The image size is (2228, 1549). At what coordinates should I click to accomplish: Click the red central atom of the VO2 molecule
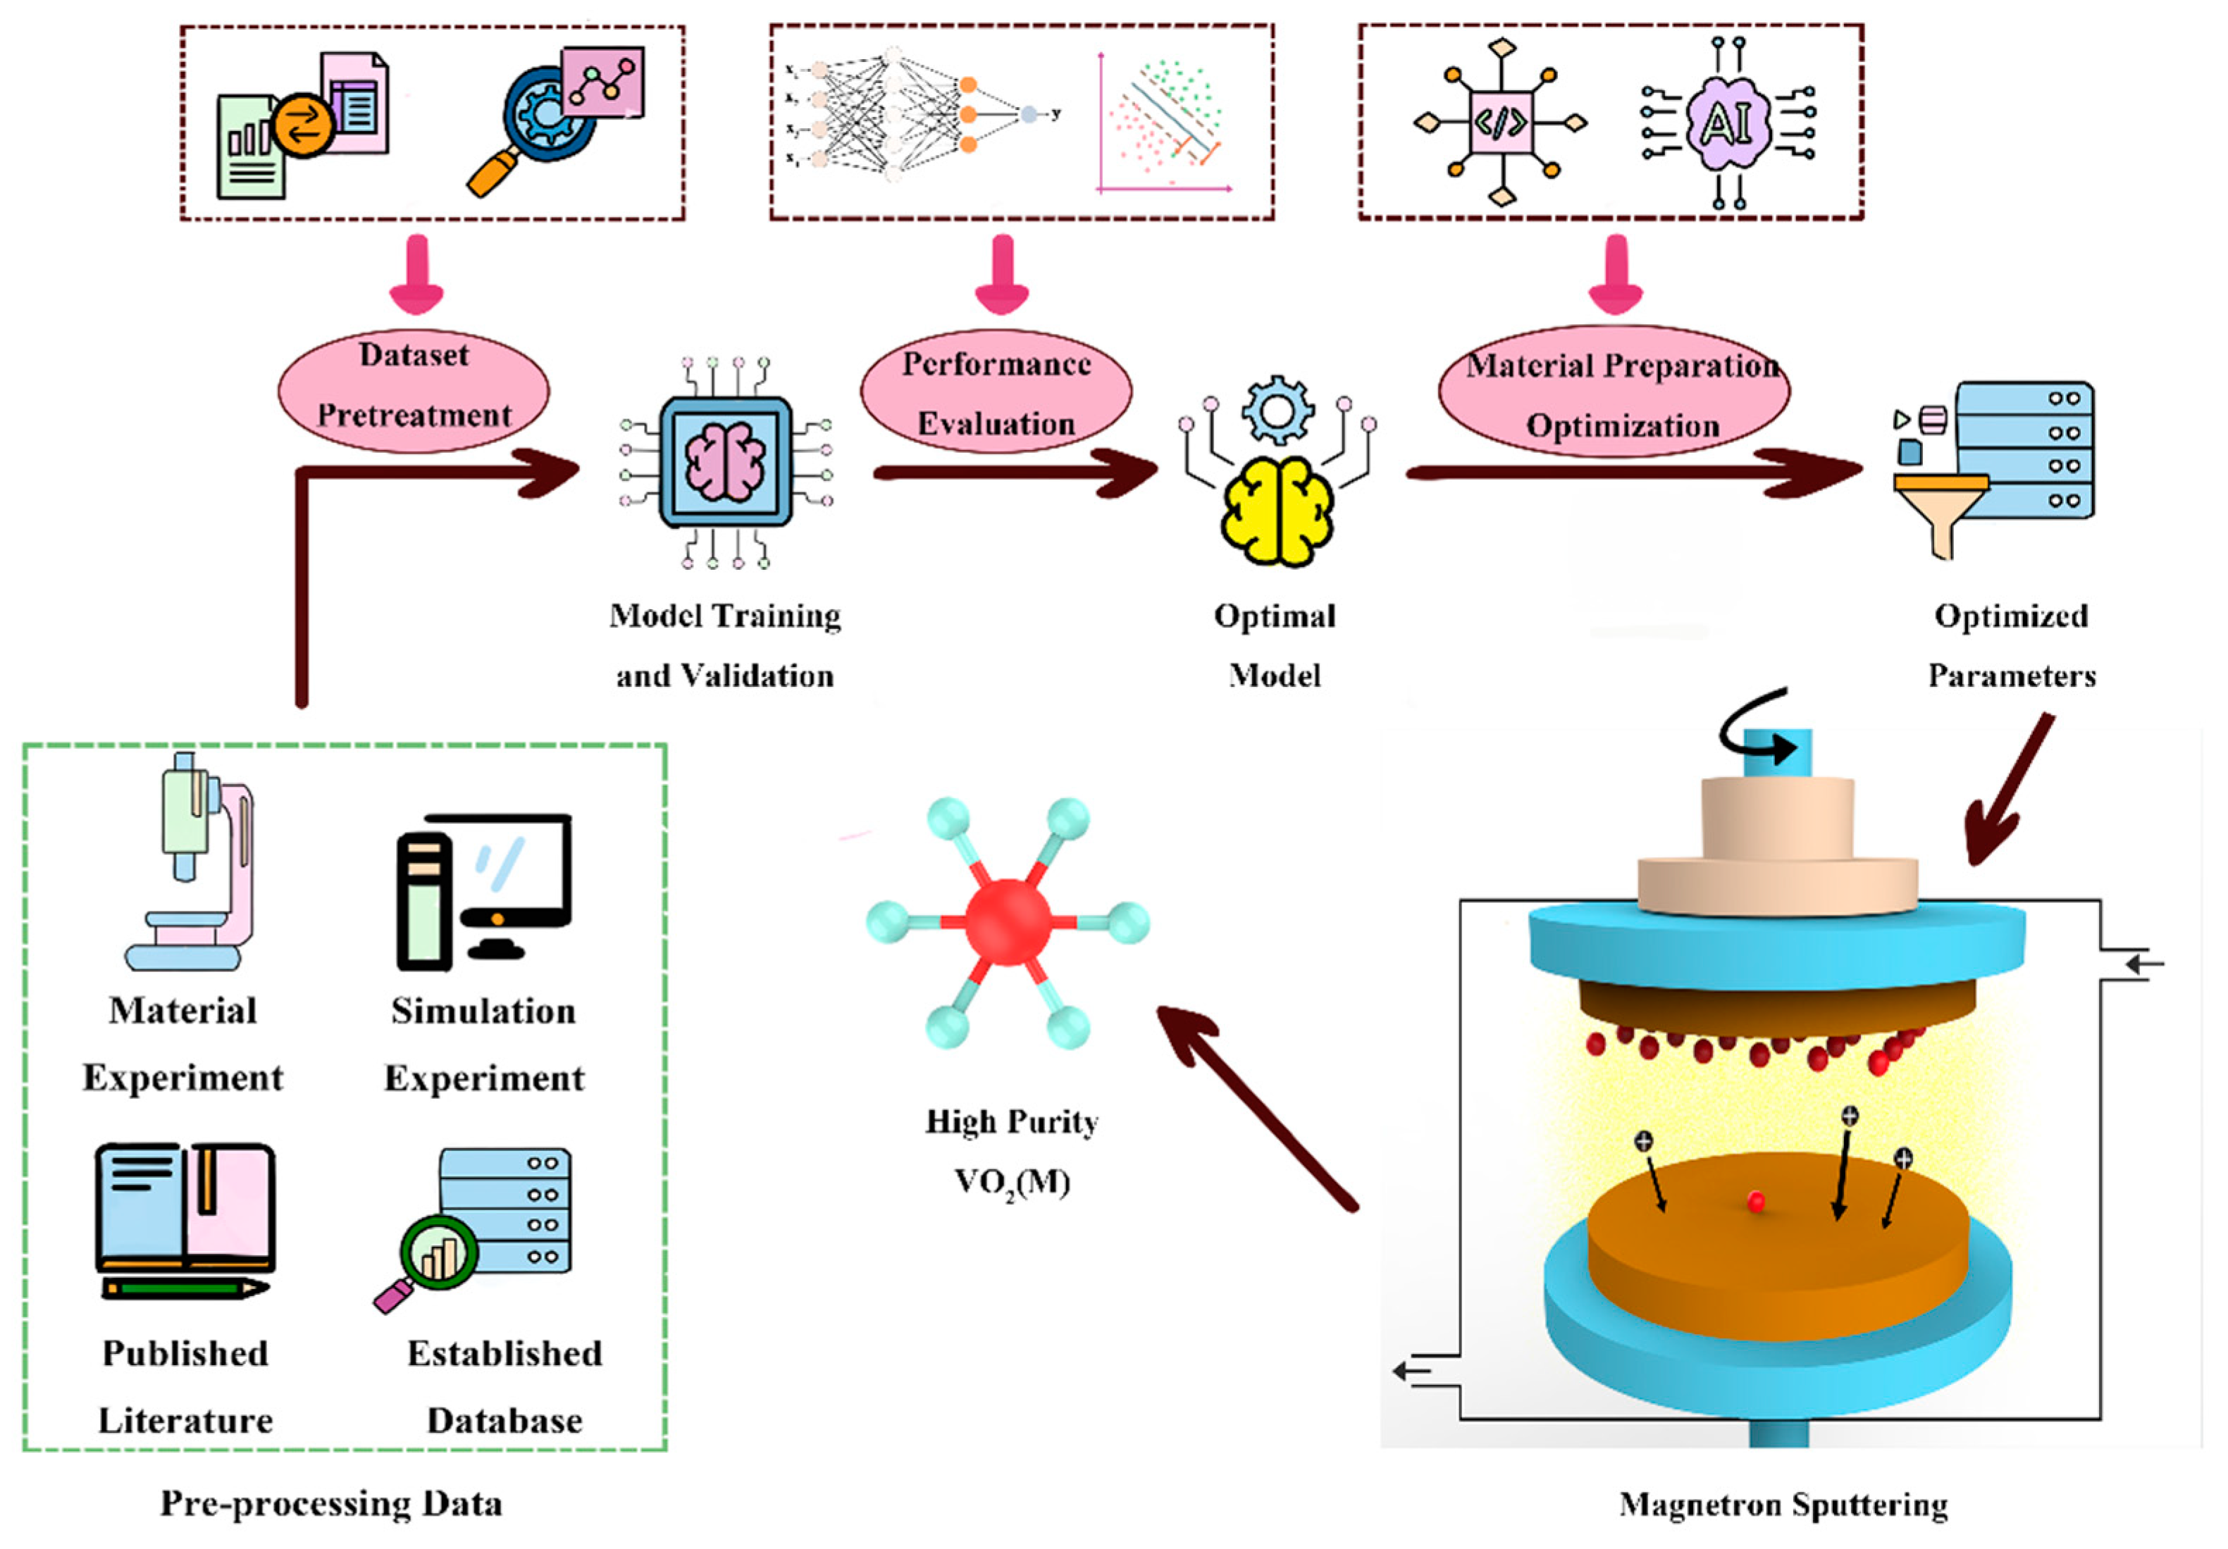[x=1008, y=922]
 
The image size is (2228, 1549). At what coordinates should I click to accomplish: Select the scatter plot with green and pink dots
[x=1165, y=121]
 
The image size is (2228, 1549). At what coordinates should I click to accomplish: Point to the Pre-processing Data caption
[x=331, y=1503]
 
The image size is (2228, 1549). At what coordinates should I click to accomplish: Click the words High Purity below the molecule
[x=1012, y=1121]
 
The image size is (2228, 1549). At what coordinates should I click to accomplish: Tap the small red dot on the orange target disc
[x=1755, y=1202]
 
